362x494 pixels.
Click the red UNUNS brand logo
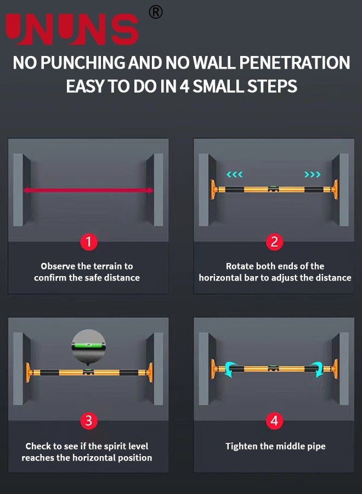tap(72, 29)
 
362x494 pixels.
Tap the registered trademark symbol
tap(156, 12)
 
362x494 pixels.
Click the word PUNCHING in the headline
tap(83, 63)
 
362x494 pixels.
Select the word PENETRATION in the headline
tap(295, 63)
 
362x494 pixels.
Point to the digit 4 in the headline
tap(184, 86)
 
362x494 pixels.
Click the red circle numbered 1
tap(89, 242)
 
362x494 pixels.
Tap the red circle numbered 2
tap(274, 242)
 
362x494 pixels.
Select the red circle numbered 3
tap(89, 420)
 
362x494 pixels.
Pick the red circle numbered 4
tap(274, 420)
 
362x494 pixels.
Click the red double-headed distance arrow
tap(88, 190)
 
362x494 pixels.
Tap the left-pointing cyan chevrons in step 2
tap(235, 174)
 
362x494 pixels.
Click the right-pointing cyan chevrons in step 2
tap(312, 174)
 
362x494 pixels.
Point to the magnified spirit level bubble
tap(88, 346)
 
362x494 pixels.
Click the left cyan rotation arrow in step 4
tap(230, 368)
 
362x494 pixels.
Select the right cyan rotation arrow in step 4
tap(318, 368)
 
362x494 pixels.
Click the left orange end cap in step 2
tap(214, 189)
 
